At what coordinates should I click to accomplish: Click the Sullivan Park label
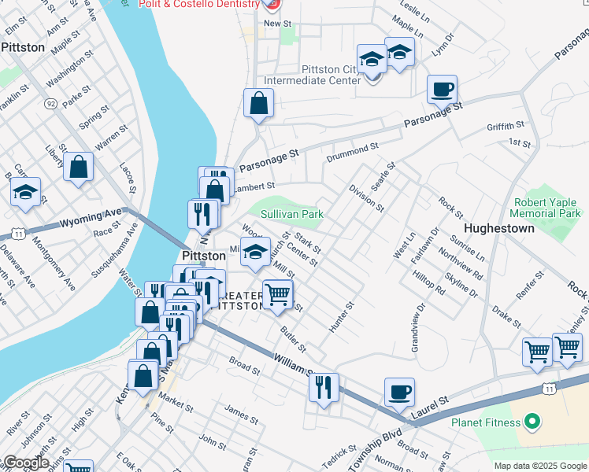[x=287, y=214]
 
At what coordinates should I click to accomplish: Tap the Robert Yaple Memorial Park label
[x=546, y=208]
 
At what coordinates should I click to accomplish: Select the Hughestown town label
[x=499, y=228]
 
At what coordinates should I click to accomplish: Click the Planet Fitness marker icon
[x=532, y=422]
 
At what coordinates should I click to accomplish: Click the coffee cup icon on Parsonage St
[x=443, y=89]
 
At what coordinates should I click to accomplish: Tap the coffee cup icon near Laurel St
[x=399, y=391]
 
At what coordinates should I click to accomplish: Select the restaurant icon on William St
[x=323, y=386]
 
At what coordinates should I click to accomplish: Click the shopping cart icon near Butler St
[x=276, y=295]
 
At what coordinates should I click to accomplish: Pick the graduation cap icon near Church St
[x=254, y=252]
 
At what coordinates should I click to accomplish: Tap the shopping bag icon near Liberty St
[x=79, y=166]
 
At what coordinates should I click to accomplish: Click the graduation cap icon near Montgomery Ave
[x=25, y=191]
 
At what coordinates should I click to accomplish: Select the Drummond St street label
[x=354, y=148]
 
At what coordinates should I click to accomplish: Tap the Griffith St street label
[x=506, y=126]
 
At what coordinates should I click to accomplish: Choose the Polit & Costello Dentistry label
[x=198, y=4]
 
